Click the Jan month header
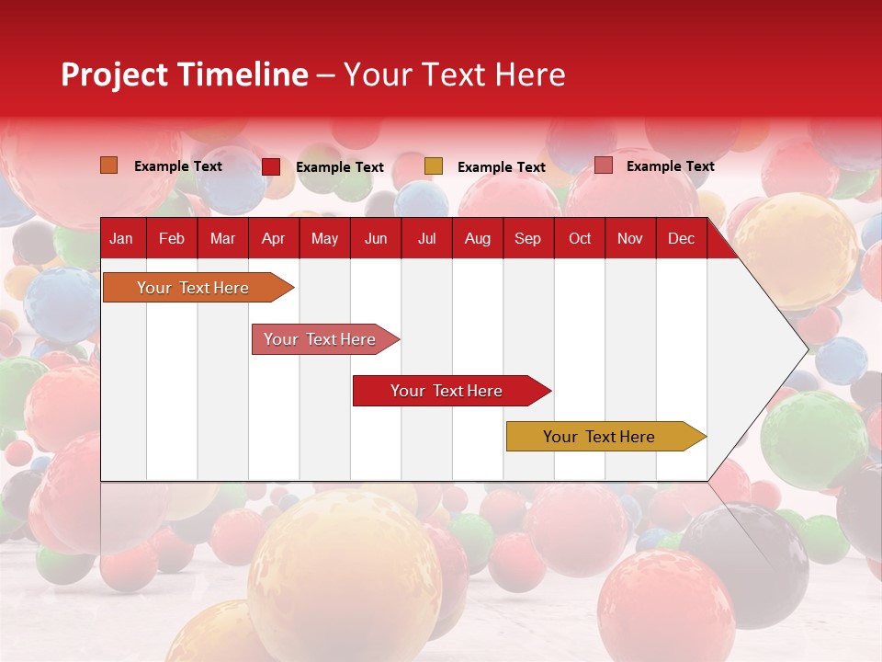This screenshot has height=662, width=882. click(121, 239)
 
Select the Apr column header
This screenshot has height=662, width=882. click(274, 239)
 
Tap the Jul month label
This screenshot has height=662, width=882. click(427, 239)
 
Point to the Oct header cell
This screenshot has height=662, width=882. click(580, 239)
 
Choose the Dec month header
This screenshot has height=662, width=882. click(681, 239)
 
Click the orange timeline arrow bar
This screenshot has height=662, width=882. click(198, 287)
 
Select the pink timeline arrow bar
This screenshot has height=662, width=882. click(325, 339)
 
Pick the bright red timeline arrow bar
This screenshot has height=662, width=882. click(452, 391)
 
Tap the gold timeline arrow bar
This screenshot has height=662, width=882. click(606, 436)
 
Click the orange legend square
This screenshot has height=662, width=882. click(109, 165)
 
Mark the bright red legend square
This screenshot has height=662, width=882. click(271, 166)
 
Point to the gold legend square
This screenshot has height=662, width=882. click(434, 166)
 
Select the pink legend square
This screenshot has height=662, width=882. click(604, 165)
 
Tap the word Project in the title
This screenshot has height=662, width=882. click(114, 75)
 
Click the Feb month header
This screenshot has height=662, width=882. click(172, 239)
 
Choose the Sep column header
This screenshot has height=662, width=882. click(527, 239)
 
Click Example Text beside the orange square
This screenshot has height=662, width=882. click(177, 166)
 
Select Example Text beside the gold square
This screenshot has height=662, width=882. click(502, 167)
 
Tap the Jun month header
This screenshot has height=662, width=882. click(376, 239)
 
